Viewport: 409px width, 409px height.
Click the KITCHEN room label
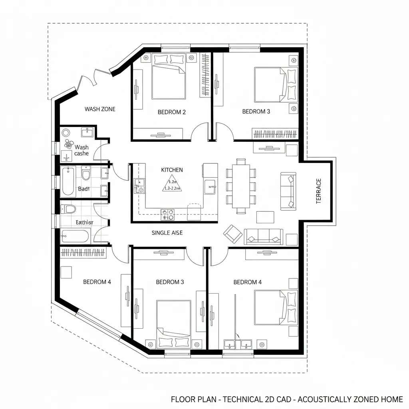tap(172, 170)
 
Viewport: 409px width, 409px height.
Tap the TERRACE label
tap(318, 191)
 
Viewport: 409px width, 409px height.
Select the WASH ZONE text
tap(100, 109)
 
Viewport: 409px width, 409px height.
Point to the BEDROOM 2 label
tap(172, 112)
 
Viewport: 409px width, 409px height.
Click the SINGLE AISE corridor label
tap(167, 233)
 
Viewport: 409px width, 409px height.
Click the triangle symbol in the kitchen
tap(172, 184)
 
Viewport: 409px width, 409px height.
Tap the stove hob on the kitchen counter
tap(167, 215)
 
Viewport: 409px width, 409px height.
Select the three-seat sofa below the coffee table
tap(263, 236)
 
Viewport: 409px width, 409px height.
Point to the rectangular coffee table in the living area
tap(265, 217)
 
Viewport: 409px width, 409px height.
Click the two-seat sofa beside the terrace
tap(288, 191)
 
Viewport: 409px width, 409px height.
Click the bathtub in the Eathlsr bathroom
tap(75, 236)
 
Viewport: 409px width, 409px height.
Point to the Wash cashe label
tap(81, 151)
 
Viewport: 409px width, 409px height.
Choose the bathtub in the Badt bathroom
tap(68, 182)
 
